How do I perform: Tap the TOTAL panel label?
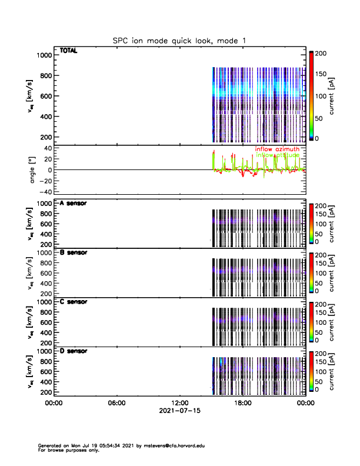click(69, 51)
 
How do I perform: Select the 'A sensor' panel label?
click(74, 203)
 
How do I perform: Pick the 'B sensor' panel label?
click(74, 252)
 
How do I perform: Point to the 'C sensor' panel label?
click(74, 301)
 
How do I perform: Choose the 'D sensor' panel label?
click(74, 351)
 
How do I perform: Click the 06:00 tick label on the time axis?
click(116, 403)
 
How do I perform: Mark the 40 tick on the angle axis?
click(47, 148)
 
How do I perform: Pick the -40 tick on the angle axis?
click(45, 192)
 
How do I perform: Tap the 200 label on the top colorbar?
click(322, 53)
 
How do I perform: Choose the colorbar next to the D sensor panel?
click(312, 371)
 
